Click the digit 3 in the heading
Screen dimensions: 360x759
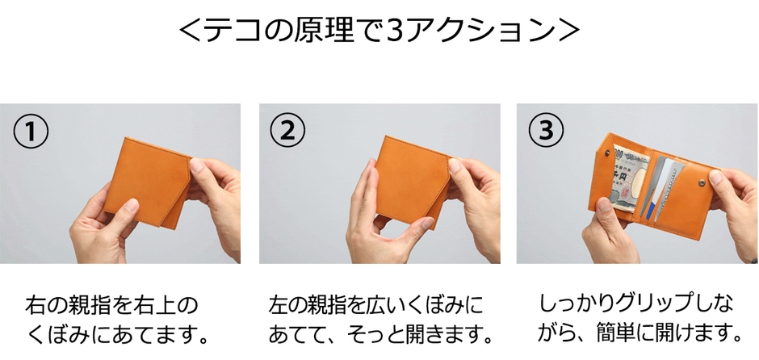[x=396, y=31]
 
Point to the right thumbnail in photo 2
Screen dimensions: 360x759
[x=455, y=167]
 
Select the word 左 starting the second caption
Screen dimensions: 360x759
[x=279, y=307]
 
